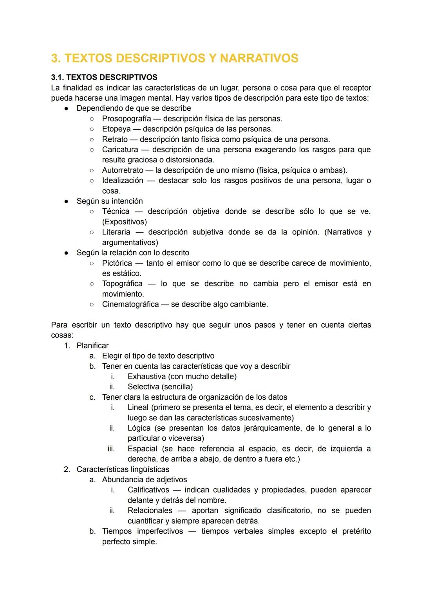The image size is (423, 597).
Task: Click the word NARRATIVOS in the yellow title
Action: pos(259,58)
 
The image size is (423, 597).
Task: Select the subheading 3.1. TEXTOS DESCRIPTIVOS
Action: pos(104,78)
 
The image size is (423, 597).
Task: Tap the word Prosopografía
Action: pos(126,119)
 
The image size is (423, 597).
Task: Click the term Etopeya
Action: pos(116,129)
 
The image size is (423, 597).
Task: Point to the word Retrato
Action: pos(115,139)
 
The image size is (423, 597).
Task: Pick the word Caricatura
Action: pos(120,150)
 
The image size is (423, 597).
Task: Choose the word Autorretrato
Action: pos(123,170)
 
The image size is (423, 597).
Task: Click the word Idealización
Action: pos(123,180)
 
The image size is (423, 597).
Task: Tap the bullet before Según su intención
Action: pos(67,201)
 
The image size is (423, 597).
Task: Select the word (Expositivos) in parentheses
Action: pos(125,222)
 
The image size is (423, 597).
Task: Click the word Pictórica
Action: pos(117,263)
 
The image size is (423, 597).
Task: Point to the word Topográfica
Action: pos(122,284)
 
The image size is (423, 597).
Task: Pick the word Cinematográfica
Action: pos(130,305)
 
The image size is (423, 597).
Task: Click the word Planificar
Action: pos(92,346)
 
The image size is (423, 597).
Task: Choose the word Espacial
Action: pos(142,449)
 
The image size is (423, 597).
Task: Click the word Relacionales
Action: pos(150,511)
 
